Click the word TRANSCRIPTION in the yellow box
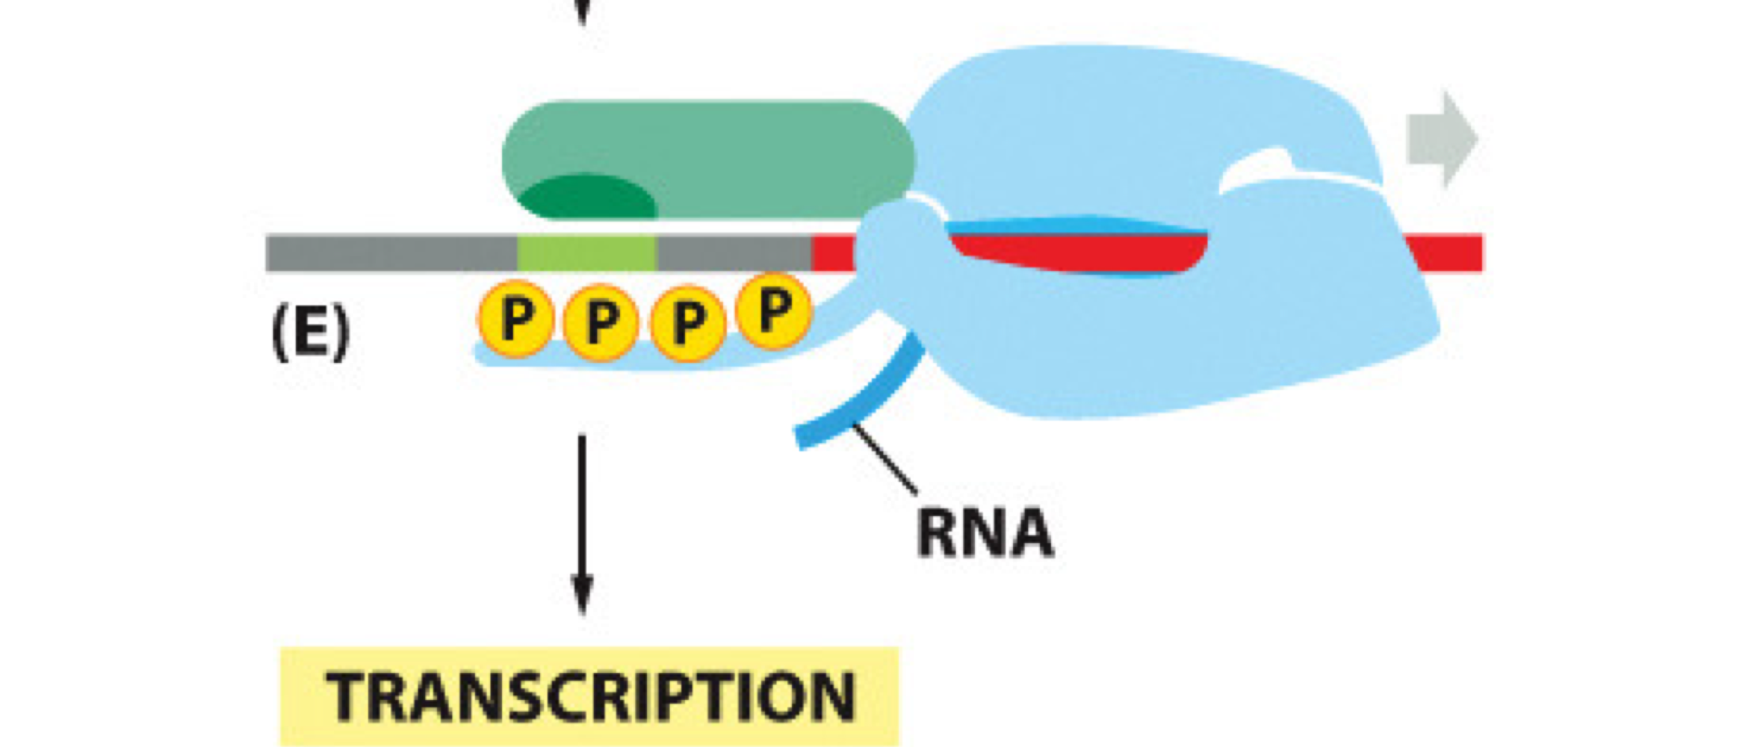coord(590,697)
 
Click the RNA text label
coord(985,533)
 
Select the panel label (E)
coord(310,335)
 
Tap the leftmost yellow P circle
coord(516,318)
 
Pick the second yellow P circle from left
coord(601,323)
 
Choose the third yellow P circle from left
coord(688,323)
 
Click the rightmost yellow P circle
coord(773,309)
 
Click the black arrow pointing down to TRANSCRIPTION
coord(582,523)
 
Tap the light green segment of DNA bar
coord(586,253)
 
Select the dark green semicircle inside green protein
coord(588,199)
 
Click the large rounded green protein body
coord(747,149)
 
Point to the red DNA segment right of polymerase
coord(1449,253)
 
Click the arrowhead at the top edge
coord(583,11)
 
